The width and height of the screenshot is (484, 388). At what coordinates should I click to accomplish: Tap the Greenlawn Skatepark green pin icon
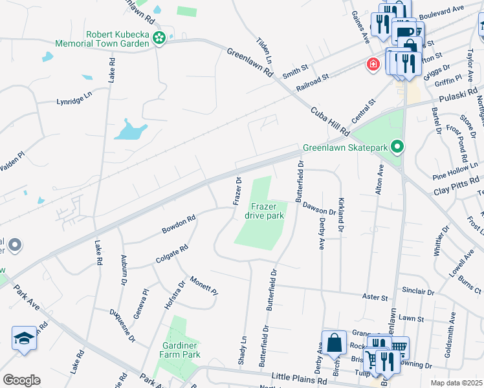pos(399,147)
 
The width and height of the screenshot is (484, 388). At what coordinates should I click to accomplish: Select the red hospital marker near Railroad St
pos(373,64)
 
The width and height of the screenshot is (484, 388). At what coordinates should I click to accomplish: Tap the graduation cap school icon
pos(25,338)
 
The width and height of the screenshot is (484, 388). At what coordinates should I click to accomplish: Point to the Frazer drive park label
pos(267,210)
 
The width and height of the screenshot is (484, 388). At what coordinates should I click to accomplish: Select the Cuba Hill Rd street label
pos(330,122)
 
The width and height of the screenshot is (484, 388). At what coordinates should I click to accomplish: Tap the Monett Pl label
pos(203,285)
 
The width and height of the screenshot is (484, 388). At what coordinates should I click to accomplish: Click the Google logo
pos(21,380)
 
